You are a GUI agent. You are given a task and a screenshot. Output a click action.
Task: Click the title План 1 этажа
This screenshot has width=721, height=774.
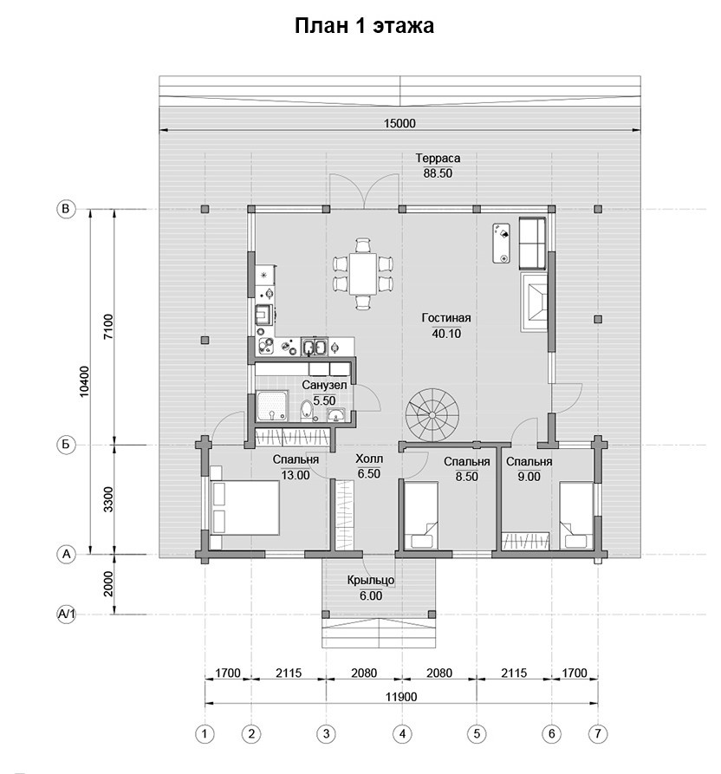364,26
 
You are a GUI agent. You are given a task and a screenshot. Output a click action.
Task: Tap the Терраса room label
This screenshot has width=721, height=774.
438,158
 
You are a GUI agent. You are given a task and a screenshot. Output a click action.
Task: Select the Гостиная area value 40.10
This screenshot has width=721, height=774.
446,333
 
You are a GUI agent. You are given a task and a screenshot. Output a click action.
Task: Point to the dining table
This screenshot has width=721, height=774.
363,274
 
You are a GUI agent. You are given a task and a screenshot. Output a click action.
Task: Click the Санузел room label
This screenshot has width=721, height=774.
324,385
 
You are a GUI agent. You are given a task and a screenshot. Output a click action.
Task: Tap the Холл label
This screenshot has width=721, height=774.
369,459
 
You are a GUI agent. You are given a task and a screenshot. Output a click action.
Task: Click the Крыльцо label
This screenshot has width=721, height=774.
371,580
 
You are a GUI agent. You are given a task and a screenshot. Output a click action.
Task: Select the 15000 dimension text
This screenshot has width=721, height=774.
399,123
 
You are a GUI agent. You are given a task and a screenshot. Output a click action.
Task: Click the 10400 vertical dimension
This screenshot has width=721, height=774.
84,381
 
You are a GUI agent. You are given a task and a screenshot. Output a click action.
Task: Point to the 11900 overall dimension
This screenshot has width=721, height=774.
401,697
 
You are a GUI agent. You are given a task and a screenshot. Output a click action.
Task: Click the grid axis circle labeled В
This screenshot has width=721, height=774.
66,209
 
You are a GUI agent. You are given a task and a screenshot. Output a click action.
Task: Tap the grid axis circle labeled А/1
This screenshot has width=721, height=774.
66,615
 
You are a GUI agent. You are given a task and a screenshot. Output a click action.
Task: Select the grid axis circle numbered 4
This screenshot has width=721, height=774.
402,734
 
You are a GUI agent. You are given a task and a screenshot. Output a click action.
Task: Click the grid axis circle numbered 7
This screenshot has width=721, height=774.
598,734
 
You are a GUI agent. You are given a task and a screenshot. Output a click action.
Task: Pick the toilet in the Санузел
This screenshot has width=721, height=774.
307,411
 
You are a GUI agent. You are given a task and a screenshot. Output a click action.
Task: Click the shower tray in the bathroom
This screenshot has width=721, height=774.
272,407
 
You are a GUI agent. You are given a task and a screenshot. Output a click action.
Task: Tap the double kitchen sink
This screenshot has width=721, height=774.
315,347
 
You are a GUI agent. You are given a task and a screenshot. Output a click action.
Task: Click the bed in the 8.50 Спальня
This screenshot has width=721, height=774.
421,516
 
